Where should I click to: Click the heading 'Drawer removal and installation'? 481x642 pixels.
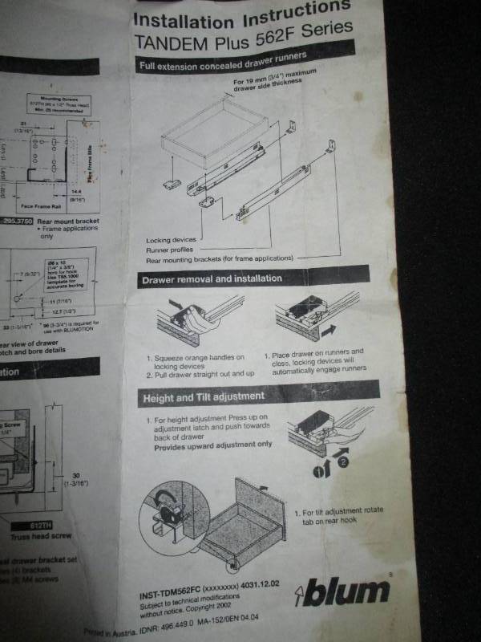[212, 278]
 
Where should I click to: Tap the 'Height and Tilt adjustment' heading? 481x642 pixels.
[203, 397]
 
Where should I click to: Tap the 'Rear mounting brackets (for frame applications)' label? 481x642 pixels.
[219, 258]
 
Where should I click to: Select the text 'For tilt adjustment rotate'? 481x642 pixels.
[342, 511]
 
